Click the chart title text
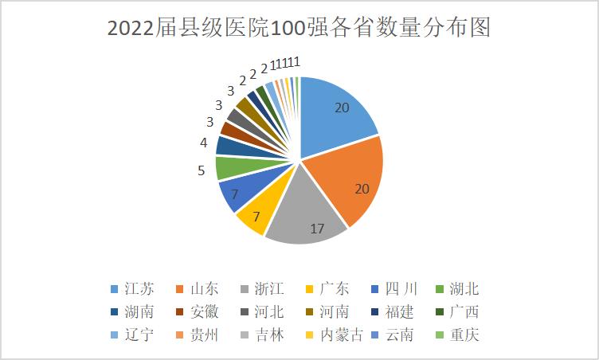pyautogui.click(x=299, y=28)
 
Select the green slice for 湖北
pyautogui.click(x=229, y=168)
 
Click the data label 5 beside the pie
pyautogui.click(x=202, y=170)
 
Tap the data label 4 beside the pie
pyautogui.click(x=204, y=143)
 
